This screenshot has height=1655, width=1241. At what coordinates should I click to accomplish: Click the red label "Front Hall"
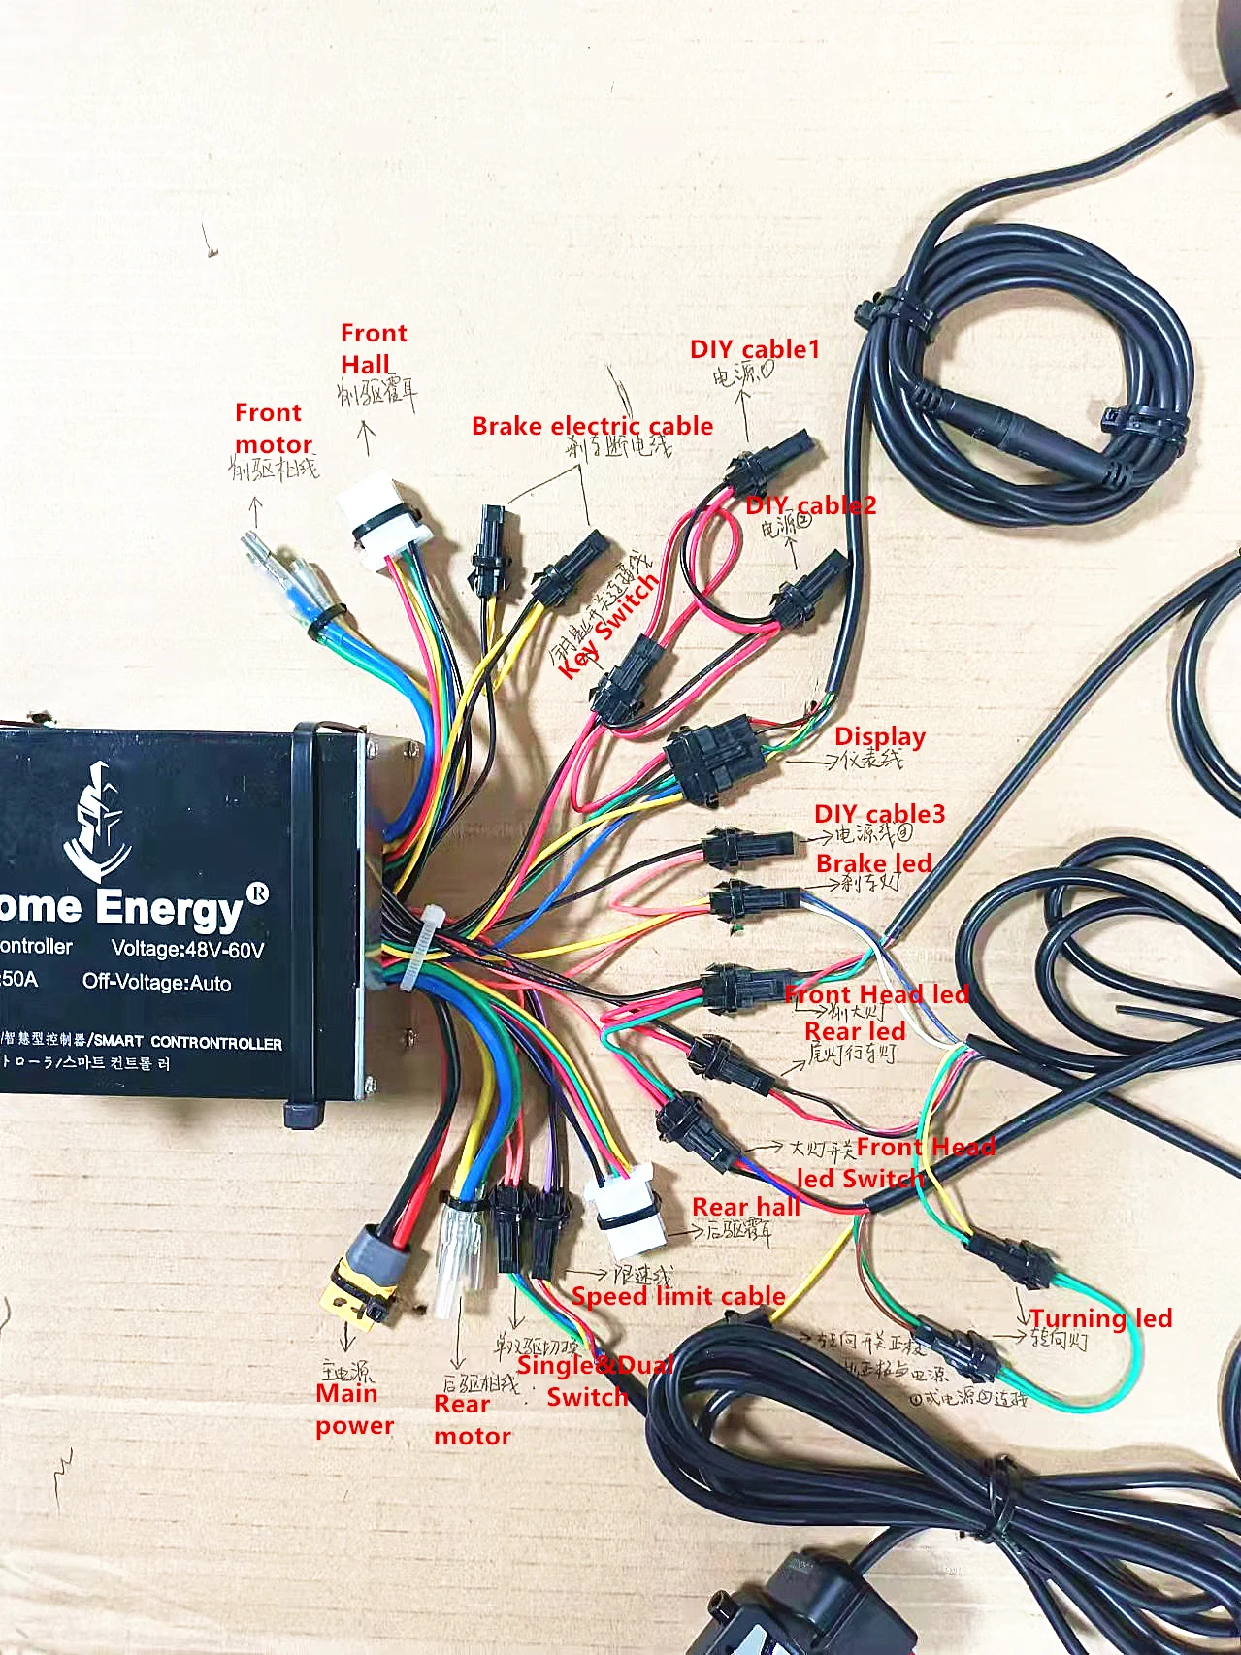(x=374, y=349)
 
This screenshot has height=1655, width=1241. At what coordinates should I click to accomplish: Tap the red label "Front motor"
(x=273, y=428)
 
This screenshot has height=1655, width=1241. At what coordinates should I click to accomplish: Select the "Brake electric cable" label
(x=592, y=426)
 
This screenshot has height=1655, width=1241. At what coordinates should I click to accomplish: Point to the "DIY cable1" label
(x=754, y=349)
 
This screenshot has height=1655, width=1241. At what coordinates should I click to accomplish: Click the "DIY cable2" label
(x=811, y=505)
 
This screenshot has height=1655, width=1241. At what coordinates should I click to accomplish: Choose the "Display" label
(x=879, y=736)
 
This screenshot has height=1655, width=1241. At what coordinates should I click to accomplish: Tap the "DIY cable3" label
(x=879, y=813)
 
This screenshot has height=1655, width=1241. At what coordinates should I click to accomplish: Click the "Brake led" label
(x=873, y=863)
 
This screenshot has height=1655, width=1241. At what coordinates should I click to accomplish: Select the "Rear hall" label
(x=746, y=1207)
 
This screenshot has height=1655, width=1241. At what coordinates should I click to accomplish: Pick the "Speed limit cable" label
(x=678, y=1296)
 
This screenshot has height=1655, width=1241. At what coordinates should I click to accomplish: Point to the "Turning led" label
(x=1100, y=1318)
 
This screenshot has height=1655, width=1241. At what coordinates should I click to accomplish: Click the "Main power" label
(x=354, y=1410)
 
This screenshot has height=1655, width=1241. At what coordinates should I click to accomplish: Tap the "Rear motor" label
(x=472, y=1420)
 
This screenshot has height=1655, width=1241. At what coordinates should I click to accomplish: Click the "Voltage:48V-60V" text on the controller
(x=187, y=949)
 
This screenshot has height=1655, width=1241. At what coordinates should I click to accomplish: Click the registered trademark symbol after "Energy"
(x=258, y=892)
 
